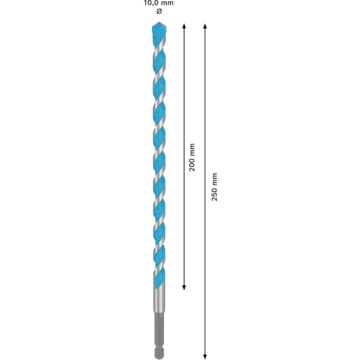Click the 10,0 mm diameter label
(x=159, y=4)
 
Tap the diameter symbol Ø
(x=159, y=12)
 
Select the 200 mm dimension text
(x=192, y=157)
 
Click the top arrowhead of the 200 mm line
(x=184, y=26)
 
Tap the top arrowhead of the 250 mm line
(x=205, y=26)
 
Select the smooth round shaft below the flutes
(x=159, y=300)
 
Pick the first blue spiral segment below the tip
(x=159, y=60)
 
